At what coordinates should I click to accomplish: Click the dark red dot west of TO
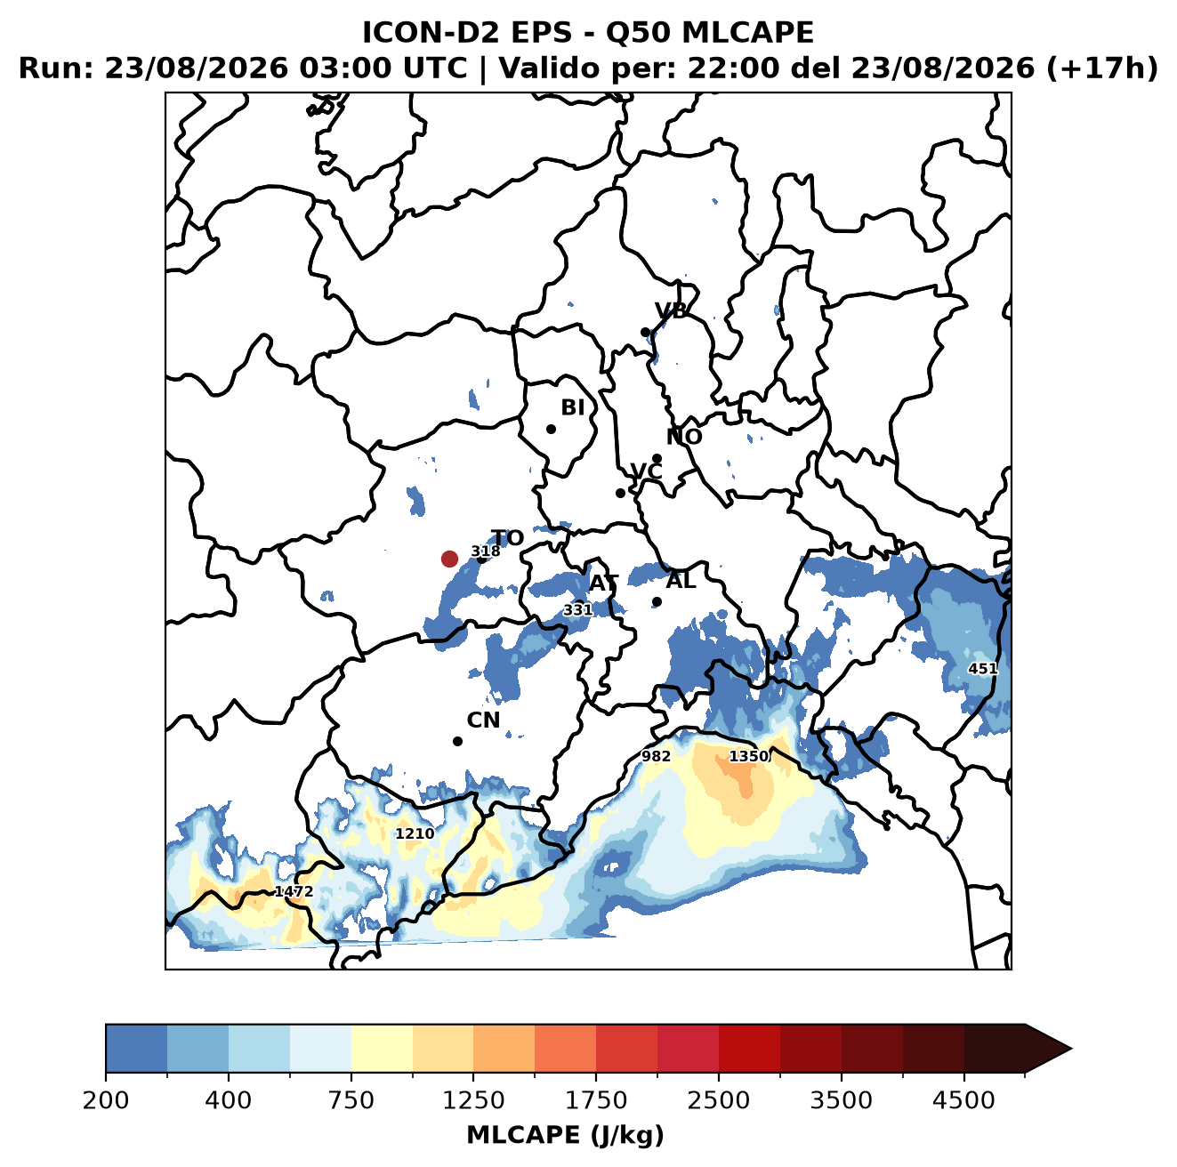(449, 559)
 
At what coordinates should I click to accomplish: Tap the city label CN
(483, 720)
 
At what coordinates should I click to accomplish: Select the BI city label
(572, 407)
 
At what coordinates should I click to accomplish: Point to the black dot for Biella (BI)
(551, 430)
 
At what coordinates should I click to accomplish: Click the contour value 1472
(294, 891)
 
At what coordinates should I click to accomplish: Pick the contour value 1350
(748, 756)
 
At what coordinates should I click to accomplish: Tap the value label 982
(656, 756)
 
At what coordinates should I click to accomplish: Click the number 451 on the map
(983, 669)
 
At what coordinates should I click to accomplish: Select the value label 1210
(415, 833)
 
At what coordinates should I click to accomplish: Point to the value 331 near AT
(577, 609)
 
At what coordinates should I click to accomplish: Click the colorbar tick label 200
(106, 1100)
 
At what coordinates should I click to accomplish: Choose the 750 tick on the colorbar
(351, 1100)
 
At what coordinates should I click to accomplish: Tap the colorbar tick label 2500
(718, 1100)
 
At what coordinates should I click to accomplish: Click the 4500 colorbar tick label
(963, 1100)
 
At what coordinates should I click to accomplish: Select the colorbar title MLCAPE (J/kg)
(565, 1135)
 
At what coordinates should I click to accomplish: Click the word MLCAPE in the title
(747, 32)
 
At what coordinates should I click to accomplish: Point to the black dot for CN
(457, 741)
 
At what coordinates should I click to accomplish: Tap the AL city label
(681, 580)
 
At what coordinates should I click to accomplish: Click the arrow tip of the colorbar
(1071, 1050)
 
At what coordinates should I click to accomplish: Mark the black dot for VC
(621, 493)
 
